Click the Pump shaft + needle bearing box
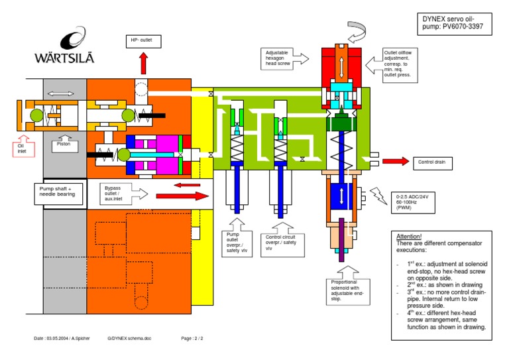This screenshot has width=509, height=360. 59,192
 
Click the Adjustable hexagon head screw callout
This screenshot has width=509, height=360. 282,58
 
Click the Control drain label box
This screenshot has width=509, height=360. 434,162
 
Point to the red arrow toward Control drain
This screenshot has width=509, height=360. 395,161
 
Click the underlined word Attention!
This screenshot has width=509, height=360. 410,237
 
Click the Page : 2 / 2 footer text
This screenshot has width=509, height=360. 192,338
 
